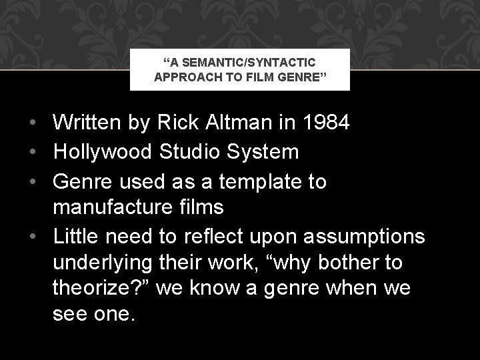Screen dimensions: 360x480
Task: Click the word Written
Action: pos(93,123)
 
